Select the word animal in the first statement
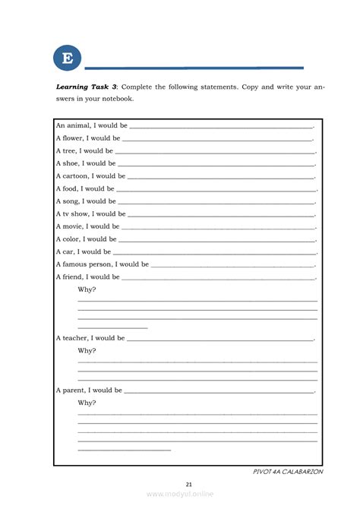[77, 125]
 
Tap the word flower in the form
[74, 138]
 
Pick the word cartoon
[76, 175]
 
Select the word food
[71, 188]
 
